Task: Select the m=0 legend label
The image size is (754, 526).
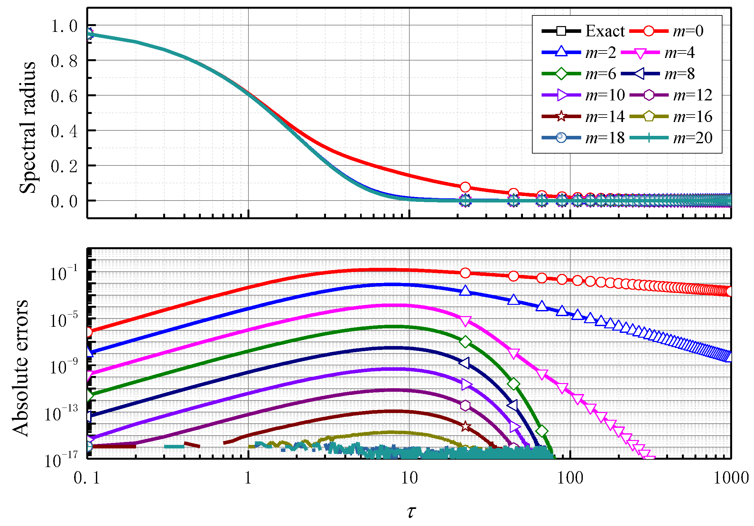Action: (x=688, y=31)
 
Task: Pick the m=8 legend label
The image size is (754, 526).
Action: (x=679, y=74)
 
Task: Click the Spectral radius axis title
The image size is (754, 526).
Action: (x=28, y=127)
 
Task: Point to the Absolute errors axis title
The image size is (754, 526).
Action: (x=20, y=368)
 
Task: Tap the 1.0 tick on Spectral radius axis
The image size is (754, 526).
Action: (x=64, y=26)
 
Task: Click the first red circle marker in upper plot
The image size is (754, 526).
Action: (x=465, y=187)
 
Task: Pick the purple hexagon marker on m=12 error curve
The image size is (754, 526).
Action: (x=465, y=405)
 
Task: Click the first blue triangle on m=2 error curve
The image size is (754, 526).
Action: (x=465, y=290)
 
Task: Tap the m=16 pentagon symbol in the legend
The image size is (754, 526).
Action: (x=649, y=116)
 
